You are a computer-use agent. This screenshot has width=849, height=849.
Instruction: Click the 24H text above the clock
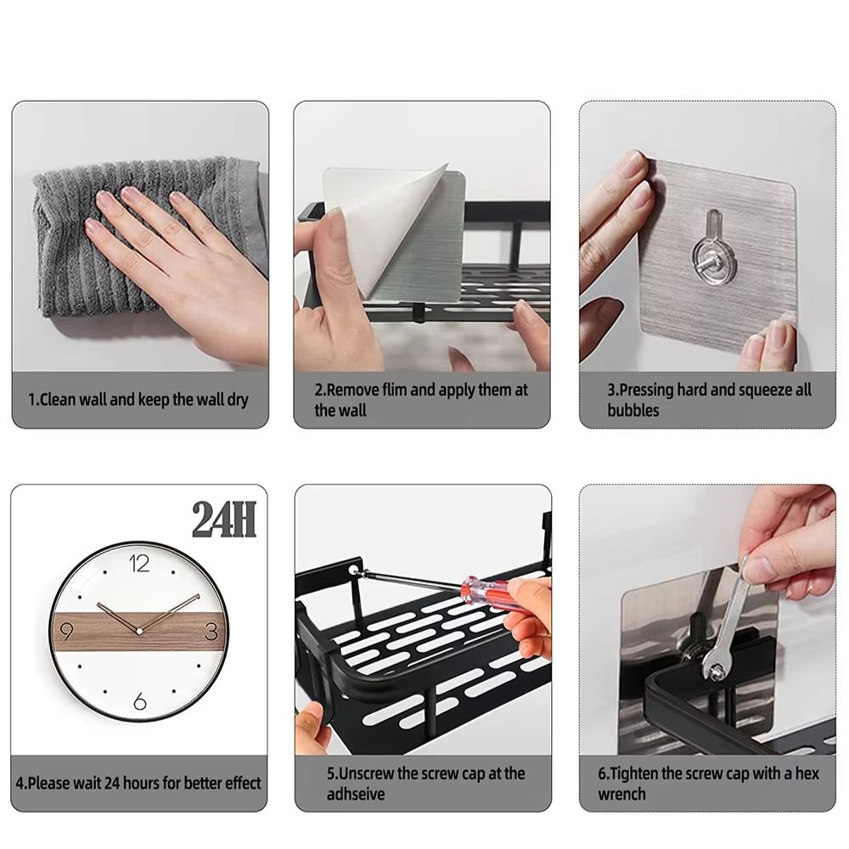[224, 520]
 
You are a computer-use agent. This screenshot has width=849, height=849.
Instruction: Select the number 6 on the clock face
[140, 702]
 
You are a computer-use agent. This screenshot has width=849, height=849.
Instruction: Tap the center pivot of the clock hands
[139, 629]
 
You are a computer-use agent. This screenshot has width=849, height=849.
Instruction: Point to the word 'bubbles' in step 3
[633, 411]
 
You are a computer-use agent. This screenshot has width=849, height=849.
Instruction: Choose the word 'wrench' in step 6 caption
[621, 795]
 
